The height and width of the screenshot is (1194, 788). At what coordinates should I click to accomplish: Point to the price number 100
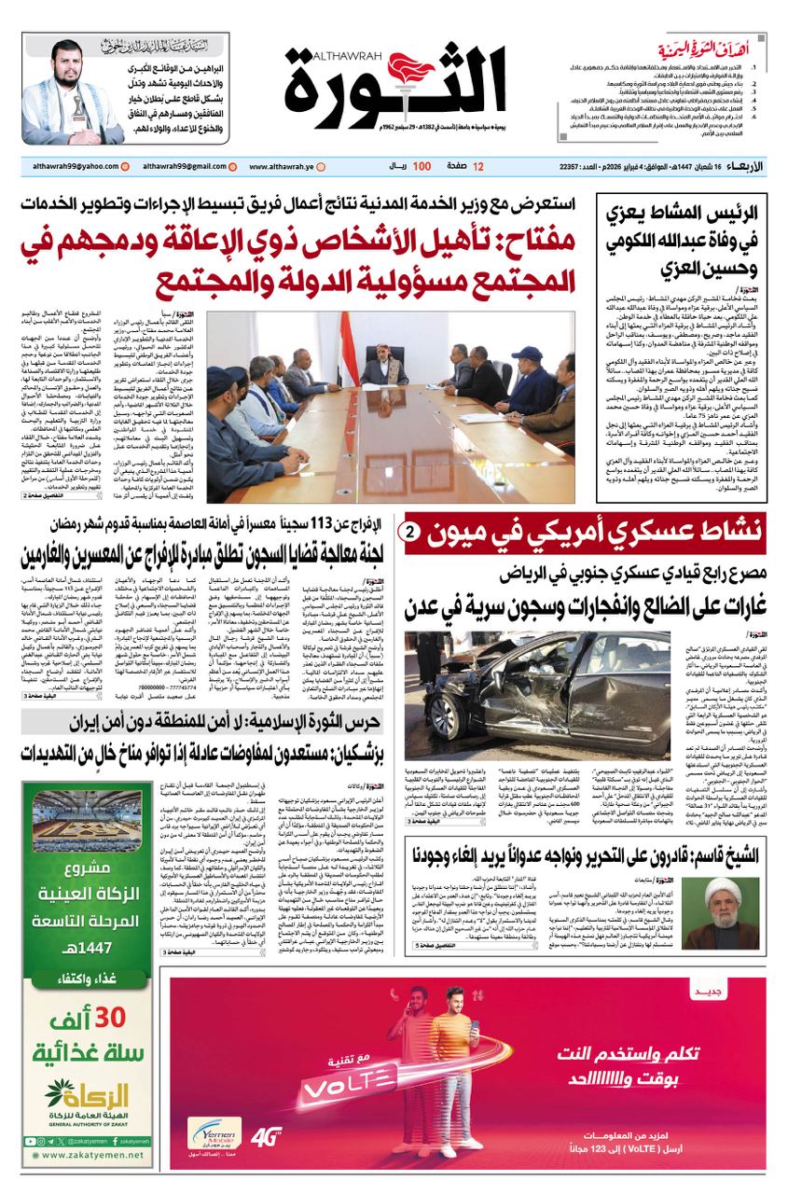[421, 166]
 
